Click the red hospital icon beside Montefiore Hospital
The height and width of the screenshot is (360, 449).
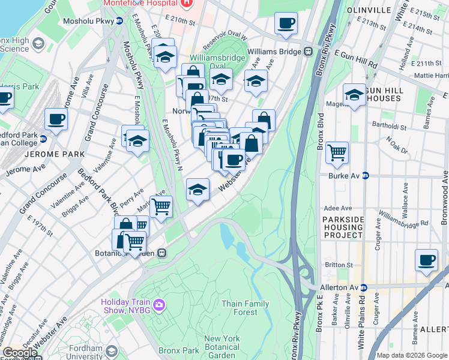point(186,3)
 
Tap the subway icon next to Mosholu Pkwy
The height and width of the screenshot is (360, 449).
point(119,20)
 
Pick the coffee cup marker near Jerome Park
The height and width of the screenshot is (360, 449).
point(56,119)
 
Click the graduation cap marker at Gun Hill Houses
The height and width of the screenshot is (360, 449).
point(354,95)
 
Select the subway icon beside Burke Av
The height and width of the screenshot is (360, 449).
point(365,176)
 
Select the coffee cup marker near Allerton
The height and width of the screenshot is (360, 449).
point(426,260)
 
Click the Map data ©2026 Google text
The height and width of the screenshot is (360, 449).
point(411,355)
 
